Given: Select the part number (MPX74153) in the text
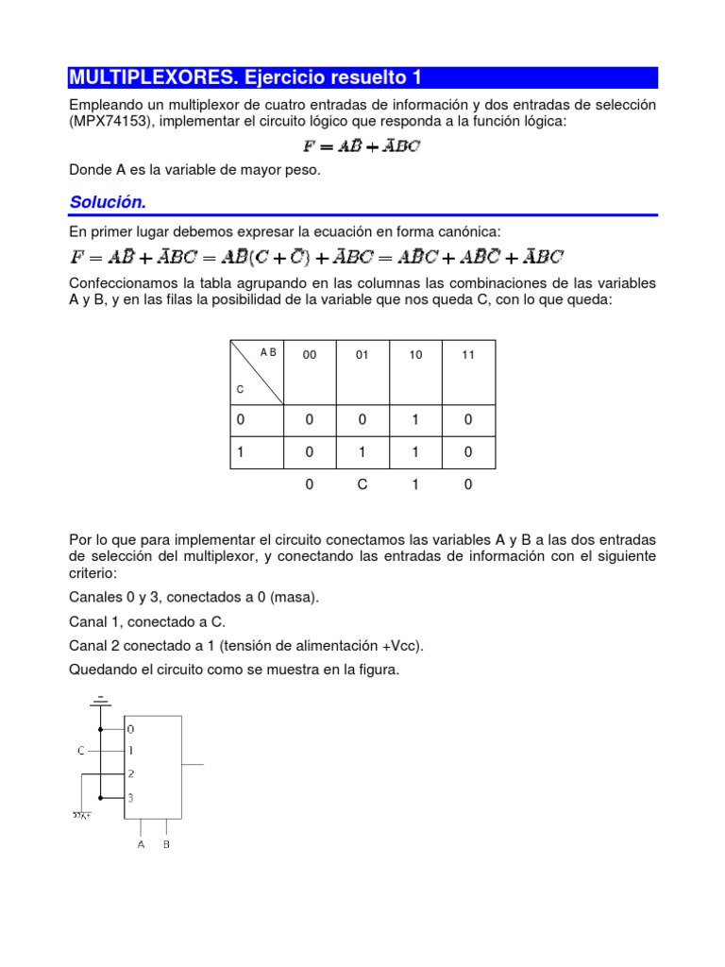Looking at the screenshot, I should coord(110,123).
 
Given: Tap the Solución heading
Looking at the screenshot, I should coord(108,203).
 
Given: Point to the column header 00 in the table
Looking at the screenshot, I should coord(310,355).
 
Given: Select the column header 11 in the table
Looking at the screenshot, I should coord(468,355).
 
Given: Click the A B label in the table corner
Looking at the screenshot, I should coord(268,352).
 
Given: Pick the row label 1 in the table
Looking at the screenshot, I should coord(240,453).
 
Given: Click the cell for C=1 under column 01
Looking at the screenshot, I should coord(362,453).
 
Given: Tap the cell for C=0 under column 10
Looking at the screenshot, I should coord(415,420).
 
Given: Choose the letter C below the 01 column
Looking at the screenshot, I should coord(362,484).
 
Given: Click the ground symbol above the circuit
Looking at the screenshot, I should coord(99,701).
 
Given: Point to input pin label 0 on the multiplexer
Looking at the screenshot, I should coord(131,729).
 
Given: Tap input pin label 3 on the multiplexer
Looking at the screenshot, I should coord(131,798).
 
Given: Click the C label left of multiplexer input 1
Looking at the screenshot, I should coord(81,751).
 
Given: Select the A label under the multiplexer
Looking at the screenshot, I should coord(141,845).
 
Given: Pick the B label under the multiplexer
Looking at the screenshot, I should coord(166,845).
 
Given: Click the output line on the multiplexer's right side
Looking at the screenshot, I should coord(193,763).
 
